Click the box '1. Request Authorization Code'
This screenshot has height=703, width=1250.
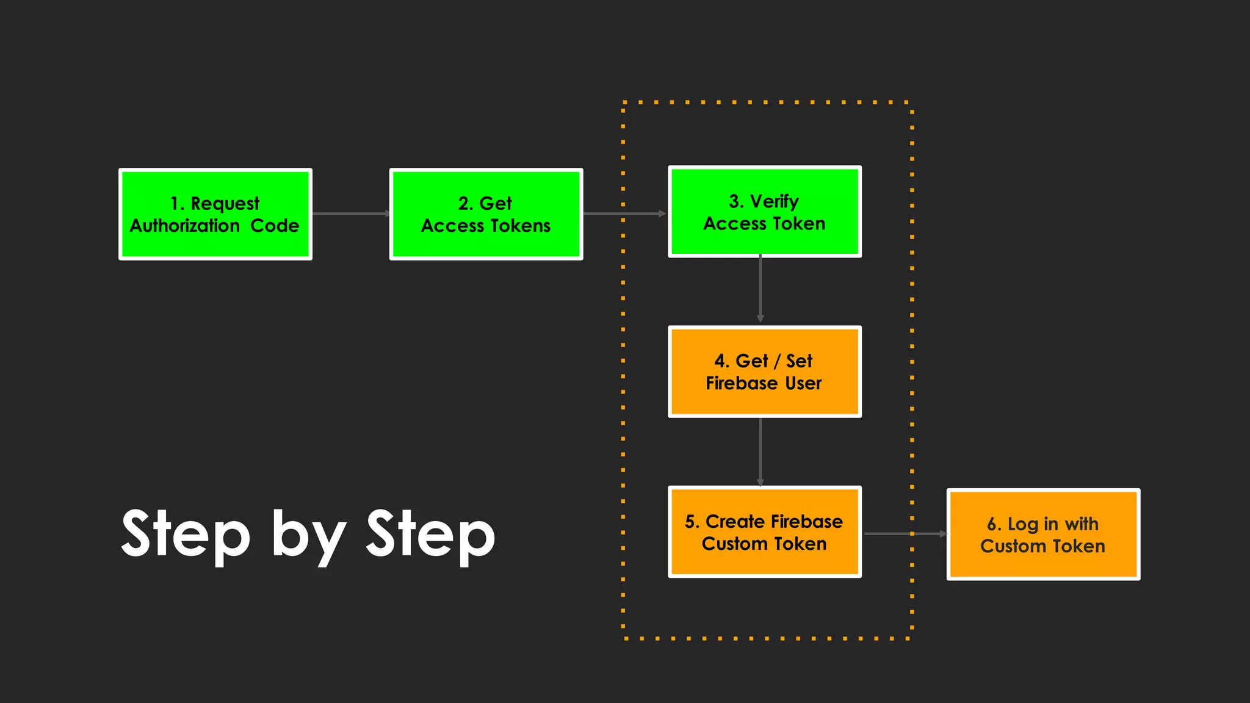pyautogui.click(x=215, y=214)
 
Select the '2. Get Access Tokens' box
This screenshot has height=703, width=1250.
pyautogui.click(x=486, y=214)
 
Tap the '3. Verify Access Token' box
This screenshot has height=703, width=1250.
pyautogui.click(x=764, y=212)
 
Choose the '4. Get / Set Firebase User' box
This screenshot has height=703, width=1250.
pyautogui.click(x=764, y=372)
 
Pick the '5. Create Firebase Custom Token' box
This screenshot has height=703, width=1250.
pyautogui.click(x=764, y=532)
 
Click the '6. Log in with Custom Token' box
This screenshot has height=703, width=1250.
pyautogui.click(x=1042, y=535)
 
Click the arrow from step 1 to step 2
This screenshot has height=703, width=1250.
pyautogui.click(x=351, y=214)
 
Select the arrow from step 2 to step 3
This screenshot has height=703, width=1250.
pyautogui.click(x=624, y=214)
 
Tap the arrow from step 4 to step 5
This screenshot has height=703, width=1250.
pyautogui.click(x=760, y=452)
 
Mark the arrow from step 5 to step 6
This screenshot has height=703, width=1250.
pyautogui.click(x=905, y=533)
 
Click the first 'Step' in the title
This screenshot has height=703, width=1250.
pyautogui.click(x=186, y=535)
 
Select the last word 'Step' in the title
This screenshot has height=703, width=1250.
pyautogui.click(x=430, y=535)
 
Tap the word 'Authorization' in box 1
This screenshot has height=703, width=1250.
pyautogui.click(x=185, y=226)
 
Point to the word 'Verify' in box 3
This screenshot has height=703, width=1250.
pyautogui.click(x=774, y=201)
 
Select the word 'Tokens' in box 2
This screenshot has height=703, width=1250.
pyautogui.click(x=520, y=226)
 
